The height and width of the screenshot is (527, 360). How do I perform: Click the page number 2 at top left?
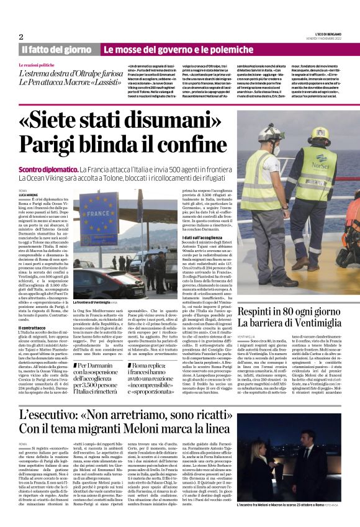click(21, 37)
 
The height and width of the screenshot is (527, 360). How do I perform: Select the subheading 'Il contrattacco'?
click(33, 327)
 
